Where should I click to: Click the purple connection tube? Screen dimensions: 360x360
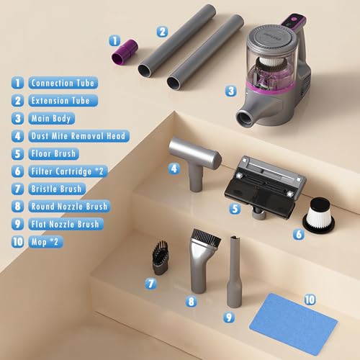[125, 52]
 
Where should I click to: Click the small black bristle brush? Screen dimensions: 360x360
[160, 258]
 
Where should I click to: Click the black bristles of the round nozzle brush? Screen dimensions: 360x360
[207, 238]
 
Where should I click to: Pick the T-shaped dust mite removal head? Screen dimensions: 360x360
[195, 163]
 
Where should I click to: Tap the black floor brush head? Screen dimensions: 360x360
[265, 187]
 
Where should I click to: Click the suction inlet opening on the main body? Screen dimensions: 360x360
[245, 118]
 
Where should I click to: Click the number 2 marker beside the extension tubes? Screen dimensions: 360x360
[162, 32]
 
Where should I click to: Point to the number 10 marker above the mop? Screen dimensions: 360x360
[310, 300]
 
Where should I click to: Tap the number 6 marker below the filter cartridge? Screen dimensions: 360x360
[299, 234]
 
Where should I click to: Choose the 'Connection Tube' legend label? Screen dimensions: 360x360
[63, 83]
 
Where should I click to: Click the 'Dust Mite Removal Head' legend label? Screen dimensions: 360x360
[78, 136]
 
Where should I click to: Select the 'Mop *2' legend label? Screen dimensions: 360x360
[45, 242]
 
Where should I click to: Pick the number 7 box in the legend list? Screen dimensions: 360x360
[17, 189]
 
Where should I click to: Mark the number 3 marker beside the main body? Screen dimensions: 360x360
[231, 91]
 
